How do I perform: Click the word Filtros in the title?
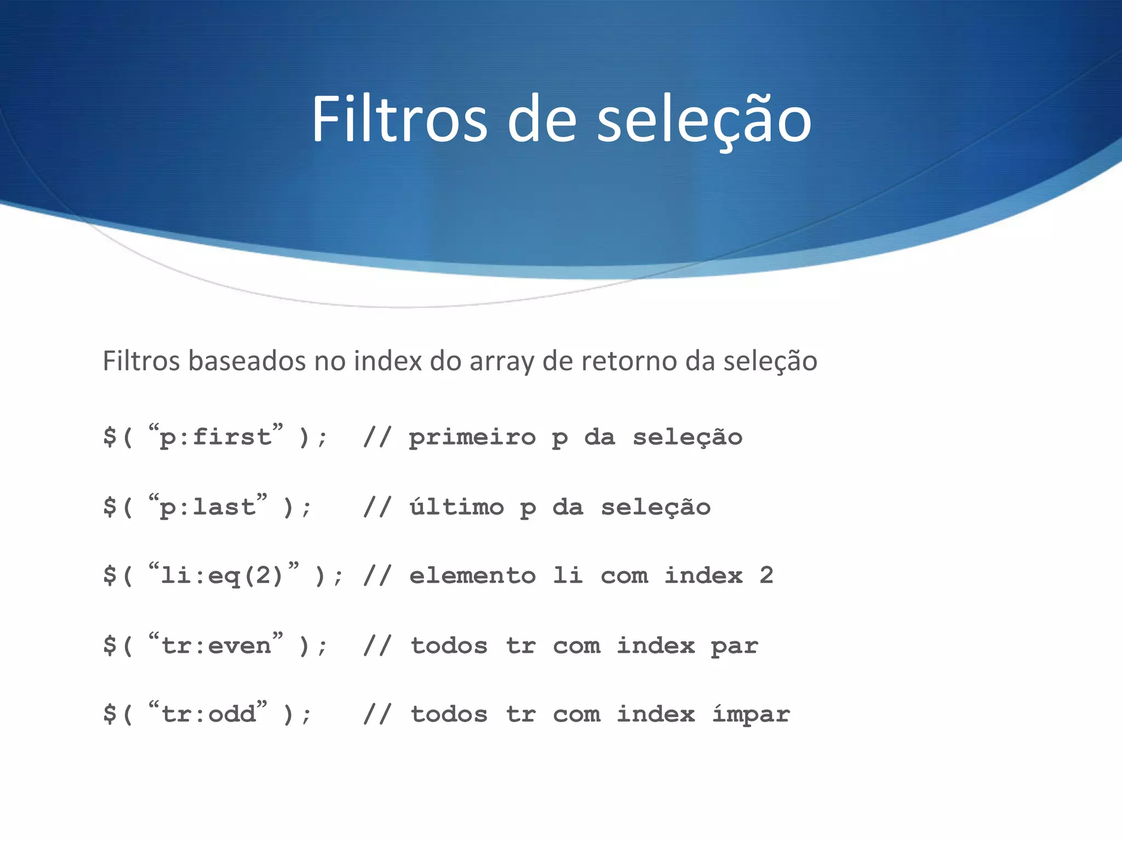(399, 119)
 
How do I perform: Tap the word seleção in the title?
(703, 119)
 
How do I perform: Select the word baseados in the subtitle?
(250, 361)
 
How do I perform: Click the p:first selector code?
(216, 437)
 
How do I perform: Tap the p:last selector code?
(208, 507)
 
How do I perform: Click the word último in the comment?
(456, 506)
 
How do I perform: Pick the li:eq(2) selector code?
(223, 575)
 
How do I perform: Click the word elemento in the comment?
(472, 575)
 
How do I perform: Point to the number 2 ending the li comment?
(766, 575)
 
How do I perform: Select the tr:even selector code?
(216, 646)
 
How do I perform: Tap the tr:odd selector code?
(209, 714)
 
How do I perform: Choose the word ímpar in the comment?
(751, 714)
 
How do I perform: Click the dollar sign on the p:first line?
(110, 437)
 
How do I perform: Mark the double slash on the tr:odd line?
(377, 714)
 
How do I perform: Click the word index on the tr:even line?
(656, 646)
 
